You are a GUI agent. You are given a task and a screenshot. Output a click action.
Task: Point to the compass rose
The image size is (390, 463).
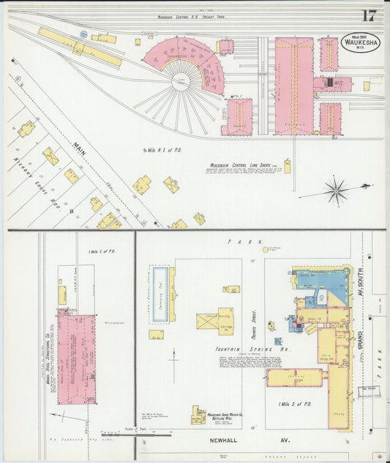pos(337,191)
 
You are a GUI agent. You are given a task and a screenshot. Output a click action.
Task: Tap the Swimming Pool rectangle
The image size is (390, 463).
pos(162,294)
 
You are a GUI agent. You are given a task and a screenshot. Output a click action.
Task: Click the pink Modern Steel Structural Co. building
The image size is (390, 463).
pos(78,356)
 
